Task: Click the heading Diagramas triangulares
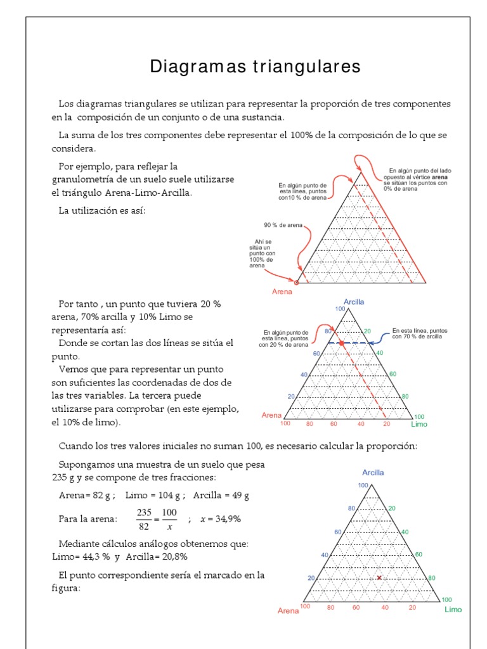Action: pos(255,67)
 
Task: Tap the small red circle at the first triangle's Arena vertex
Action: pos(296,283)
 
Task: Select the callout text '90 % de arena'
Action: pos(283,225)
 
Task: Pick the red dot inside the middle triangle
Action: pos(341,343)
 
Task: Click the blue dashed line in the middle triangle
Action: pos(361,343)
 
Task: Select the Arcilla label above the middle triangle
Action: pos(354,302)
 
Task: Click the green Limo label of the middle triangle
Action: pos(419,424)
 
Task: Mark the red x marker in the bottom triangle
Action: pos(379,578)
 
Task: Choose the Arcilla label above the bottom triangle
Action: pos(373,472)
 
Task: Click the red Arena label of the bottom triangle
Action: pos(288,611)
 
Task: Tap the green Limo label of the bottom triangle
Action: pos(453,610)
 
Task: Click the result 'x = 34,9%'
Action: pos(220,518)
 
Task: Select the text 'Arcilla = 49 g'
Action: pos(221,495)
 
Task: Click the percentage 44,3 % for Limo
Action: pos(94,556)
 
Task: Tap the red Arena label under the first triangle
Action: pos(282,292)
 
